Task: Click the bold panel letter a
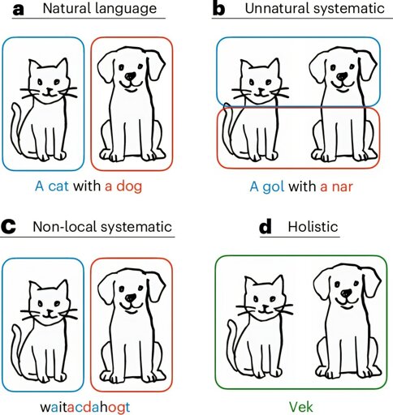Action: pyautogui.click(x=18, y=10)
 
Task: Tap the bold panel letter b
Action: pyautogui.click(x=219, y=8)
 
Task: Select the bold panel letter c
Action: pyautogui.click(x=8, y=227)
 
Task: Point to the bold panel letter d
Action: pyautogui.click(x=266, y=227)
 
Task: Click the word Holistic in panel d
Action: pyautogui.click(x=313, y=226)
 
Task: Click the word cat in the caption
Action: pyautogui.click(x=58, y=186)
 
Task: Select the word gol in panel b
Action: pyautogui.click(x=274, y=186)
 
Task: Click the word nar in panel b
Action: pyautogui.click(x=343, y=186)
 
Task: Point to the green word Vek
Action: pyautogui.click(x=301, y=407)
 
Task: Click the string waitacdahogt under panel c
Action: pyautogui.click(x=85, y=407)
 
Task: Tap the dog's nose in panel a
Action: pyautogui.click(x=131, y=76)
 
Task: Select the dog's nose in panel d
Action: pyautogui.click(x=346, y=293)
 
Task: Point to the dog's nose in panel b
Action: pyautogui.click(x=342, y=76)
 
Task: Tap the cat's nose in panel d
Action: pyautogui.click(x=265, y=307)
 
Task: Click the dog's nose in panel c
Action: pyautogui.click(x=131, y=297)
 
